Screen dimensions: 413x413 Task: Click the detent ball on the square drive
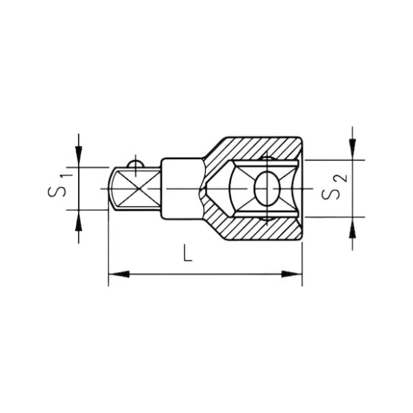(x=133, y=163)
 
